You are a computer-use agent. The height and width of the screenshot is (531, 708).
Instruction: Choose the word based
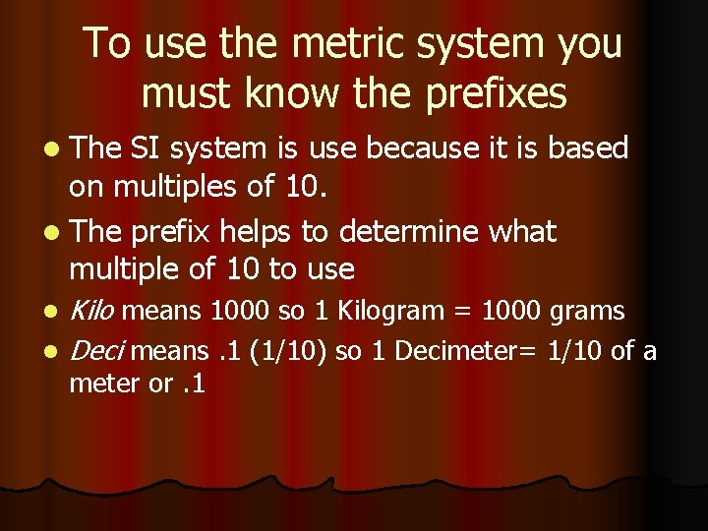tap(588, 148)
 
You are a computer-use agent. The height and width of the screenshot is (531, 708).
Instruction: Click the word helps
tap(259, 232)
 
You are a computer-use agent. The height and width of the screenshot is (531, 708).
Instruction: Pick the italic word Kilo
tap(92, 312)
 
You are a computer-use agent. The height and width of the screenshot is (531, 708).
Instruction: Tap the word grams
tap(587, 313)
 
